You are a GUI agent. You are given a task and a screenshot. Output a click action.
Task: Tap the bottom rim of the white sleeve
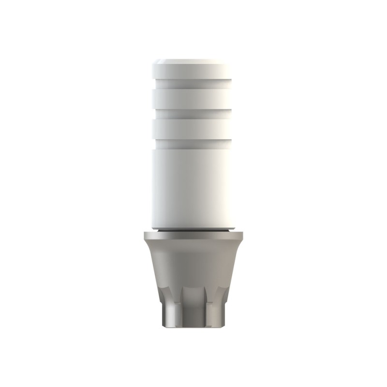tap(193, 226)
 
